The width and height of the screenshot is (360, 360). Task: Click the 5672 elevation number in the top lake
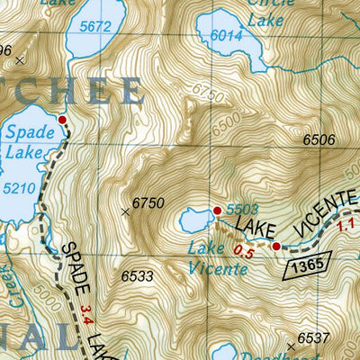click(x=94, y=26)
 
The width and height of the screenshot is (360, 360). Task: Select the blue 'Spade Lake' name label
click(x=24, y=140)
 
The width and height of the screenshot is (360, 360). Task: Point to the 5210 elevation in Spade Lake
click(x=20, y=189)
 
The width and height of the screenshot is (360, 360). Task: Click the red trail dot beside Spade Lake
click(x=62, y=120)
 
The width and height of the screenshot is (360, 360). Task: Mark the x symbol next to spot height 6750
click(x=125, y=211)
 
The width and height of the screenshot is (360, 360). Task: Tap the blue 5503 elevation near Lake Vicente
click(x=237, y=209)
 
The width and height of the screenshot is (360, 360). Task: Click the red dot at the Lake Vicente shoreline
click(x=217, y=211)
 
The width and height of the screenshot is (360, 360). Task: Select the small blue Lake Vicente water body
click(x=195, y=218)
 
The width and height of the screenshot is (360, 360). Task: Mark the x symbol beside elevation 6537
click(x=291, y=346)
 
